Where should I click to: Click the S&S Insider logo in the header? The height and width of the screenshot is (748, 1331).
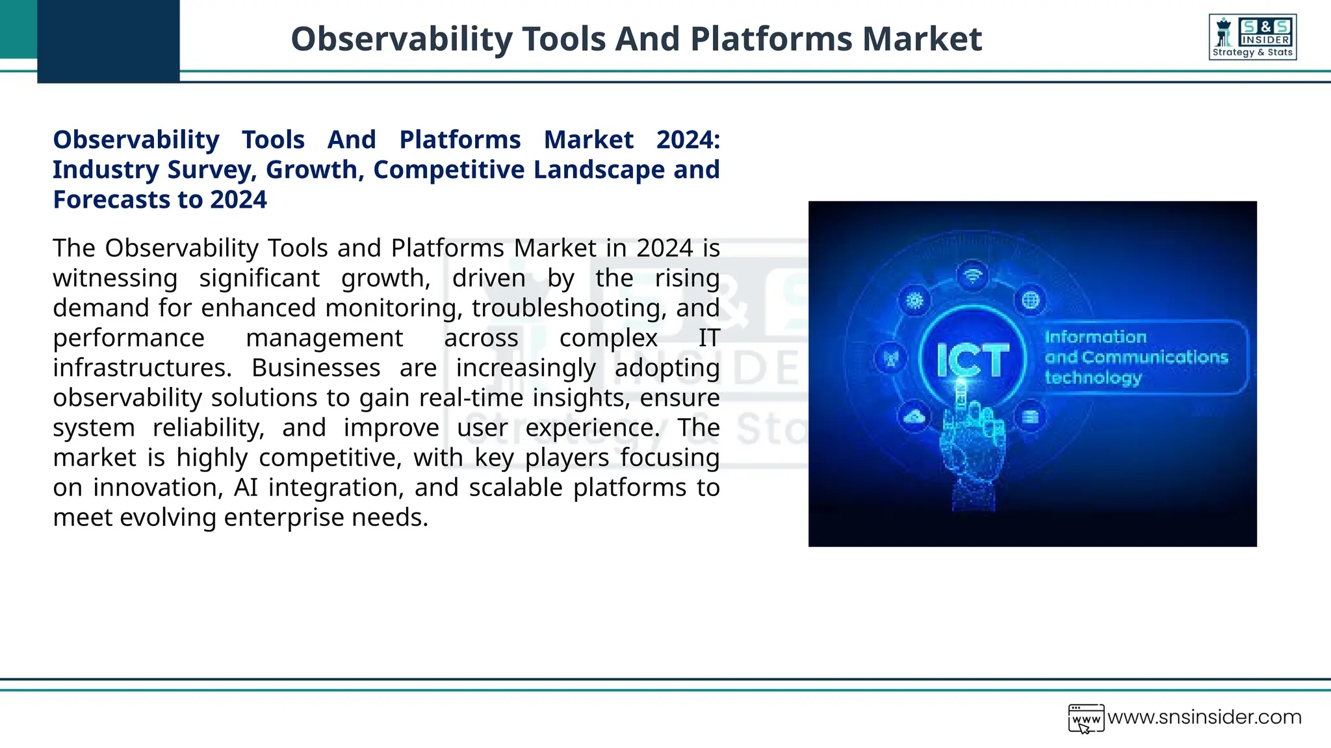click(x=1252, y=37)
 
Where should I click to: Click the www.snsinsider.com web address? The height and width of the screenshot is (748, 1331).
click(x=1204, y=717)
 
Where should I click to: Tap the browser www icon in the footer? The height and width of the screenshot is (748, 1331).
click(x=1086, y=719)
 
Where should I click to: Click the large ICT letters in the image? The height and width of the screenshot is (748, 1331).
click(x=972, y=360)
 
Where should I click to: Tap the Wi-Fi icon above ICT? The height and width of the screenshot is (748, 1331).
click(x=972, y=276)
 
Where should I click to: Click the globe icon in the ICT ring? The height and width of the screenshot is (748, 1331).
click(x=1031, y=300)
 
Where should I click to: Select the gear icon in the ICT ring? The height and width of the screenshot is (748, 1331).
click(x=914, y=300)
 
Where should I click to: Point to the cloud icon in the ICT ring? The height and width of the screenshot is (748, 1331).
click(x=914, y=416)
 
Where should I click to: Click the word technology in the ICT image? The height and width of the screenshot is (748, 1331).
click(x=1093, y=378)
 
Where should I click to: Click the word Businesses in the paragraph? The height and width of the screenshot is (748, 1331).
click(x=316, y=368)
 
